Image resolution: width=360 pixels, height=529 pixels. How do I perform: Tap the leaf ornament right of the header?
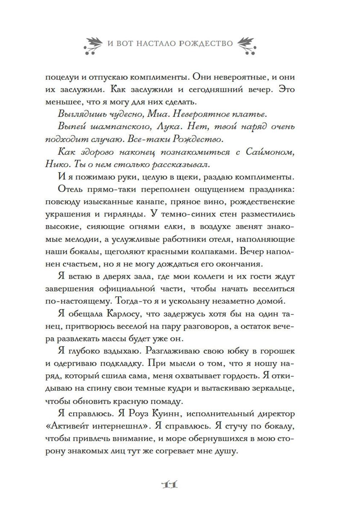pos(247,45)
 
